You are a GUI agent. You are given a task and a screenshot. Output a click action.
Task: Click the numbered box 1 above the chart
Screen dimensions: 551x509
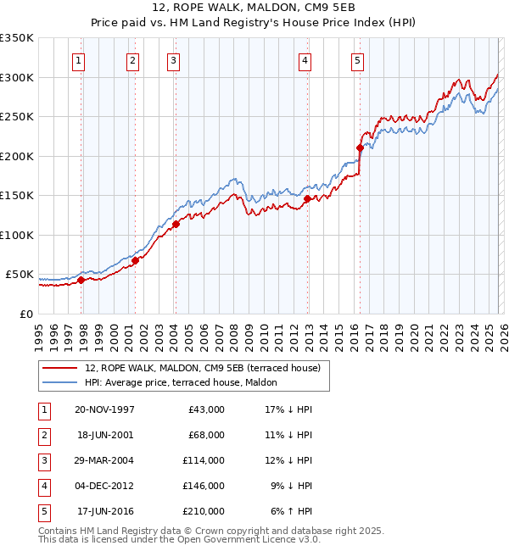pos(78,60)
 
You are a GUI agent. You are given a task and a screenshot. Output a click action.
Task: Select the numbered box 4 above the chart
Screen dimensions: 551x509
pos(304,60)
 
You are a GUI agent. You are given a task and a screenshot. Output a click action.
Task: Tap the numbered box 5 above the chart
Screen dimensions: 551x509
pos(357,60)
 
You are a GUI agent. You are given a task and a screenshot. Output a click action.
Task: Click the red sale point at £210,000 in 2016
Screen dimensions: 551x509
pos(360,148)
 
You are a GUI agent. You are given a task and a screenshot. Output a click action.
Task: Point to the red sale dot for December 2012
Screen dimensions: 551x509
pos(307,199)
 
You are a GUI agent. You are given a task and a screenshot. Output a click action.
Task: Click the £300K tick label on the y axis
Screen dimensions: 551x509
pos(17,77)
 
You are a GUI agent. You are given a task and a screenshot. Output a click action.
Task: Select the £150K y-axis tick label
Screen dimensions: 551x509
pos(17,196)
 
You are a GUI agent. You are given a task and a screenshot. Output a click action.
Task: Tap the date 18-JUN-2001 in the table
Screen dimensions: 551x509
pos(104,435)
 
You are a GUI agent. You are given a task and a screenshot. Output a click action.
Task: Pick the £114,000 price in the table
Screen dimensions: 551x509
pos(204,460)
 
